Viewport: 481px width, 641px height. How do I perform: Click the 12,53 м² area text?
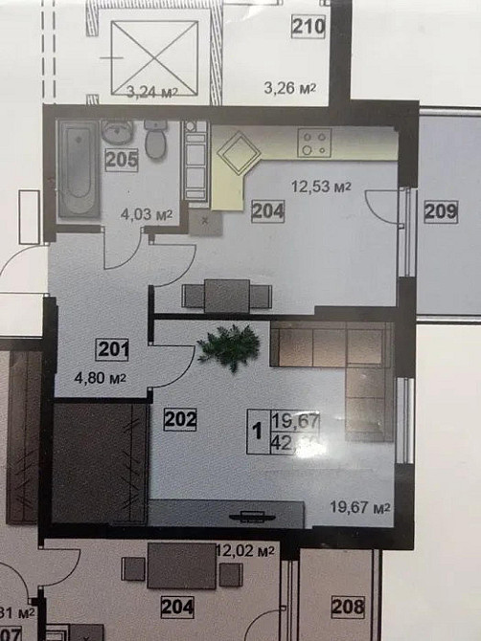point(315,188)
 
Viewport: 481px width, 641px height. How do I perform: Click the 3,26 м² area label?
point(290,91)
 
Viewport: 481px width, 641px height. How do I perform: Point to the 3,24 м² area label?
point(152,93)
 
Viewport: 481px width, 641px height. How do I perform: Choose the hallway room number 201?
point(113,350)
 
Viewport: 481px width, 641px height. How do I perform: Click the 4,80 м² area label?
point(101,377)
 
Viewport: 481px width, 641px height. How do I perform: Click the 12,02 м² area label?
point(247,552)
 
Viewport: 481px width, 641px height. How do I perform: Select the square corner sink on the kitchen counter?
point(237,150)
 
